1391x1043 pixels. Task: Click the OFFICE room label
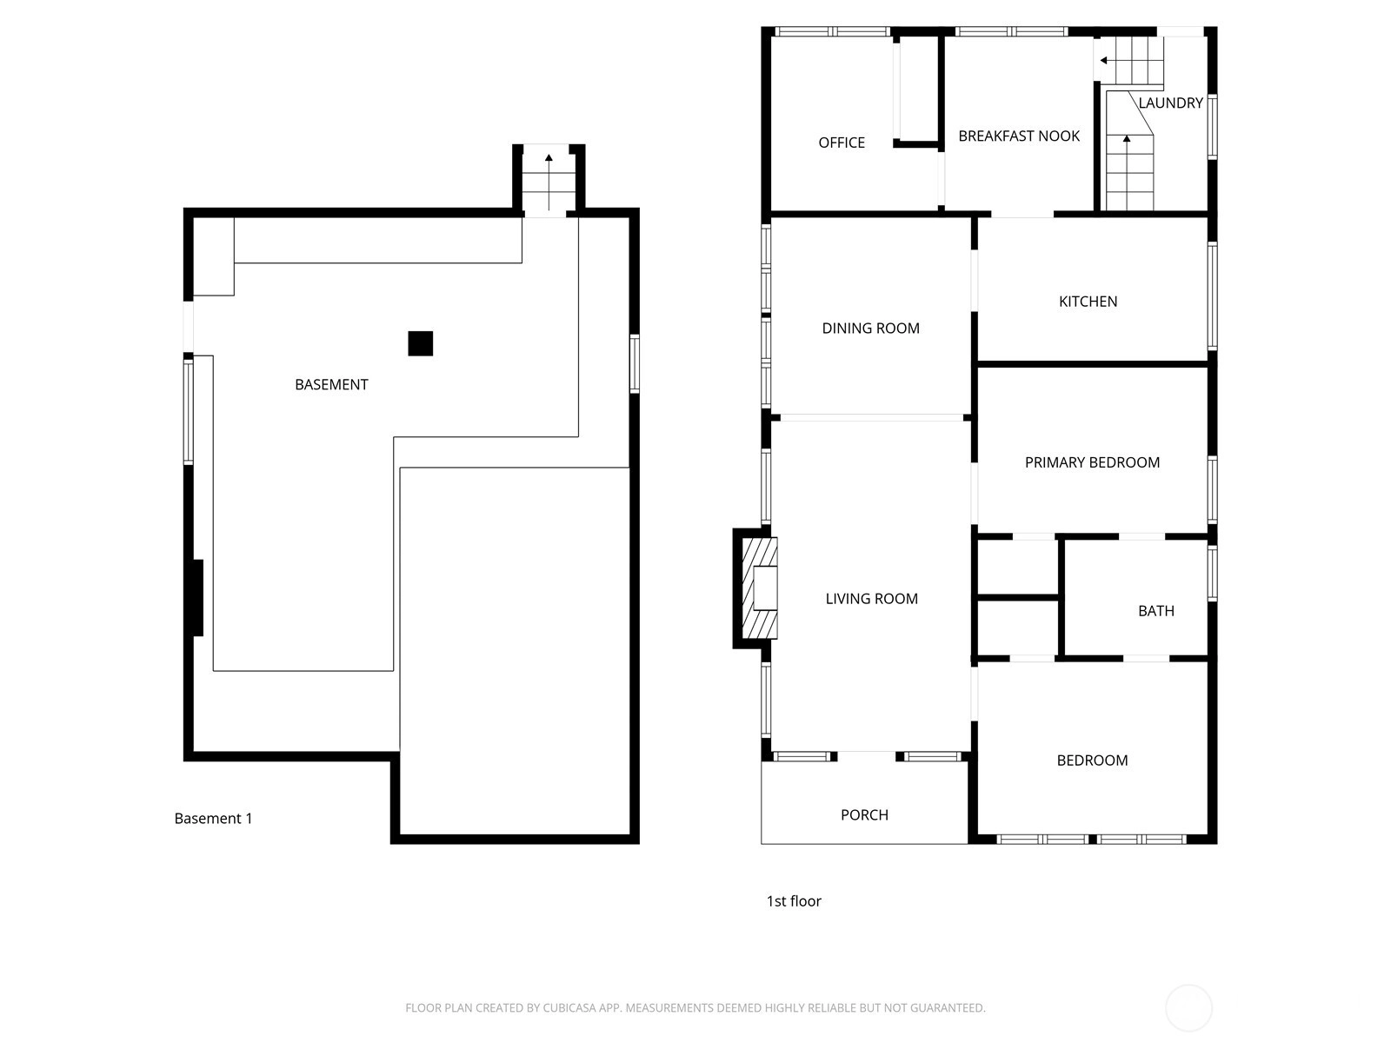[841, 143]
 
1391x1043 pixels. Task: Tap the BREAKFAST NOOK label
[1018, 136]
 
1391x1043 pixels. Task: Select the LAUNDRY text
[1170, 103]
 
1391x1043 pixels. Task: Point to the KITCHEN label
[1088, 302]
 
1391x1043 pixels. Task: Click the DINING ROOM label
[870, 328]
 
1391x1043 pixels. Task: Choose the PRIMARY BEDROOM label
[1092, 462]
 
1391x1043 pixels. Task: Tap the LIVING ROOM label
[871, 599]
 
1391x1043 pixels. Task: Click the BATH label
[1156, 610]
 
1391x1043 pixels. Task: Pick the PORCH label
[864, 815]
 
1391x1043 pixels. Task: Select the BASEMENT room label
[331, 384]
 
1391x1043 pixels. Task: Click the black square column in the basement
[420, 344]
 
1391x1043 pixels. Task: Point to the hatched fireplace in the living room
[759, 588]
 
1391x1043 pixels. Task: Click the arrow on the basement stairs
[549, 182]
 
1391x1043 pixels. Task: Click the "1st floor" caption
[794, 901]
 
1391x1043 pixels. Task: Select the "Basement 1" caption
[213, 818]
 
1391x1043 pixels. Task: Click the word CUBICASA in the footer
[569, 1007]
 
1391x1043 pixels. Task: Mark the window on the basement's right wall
[635, 363]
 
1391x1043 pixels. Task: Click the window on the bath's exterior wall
[1212, 573]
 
